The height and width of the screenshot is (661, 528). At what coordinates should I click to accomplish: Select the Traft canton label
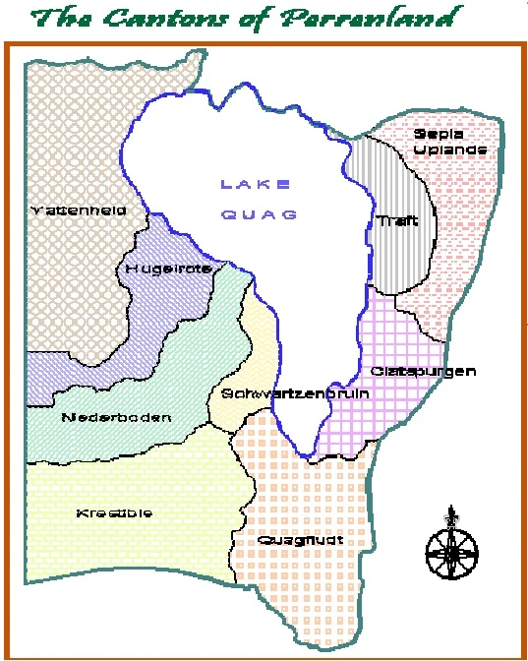pos(397,221)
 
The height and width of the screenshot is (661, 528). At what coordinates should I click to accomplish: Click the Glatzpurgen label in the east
pos(424,371)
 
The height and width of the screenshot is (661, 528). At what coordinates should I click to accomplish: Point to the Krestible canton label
pos(114,512)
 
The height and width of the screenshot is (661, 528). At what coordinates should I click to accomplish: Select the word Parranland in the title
pos(383,18)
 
